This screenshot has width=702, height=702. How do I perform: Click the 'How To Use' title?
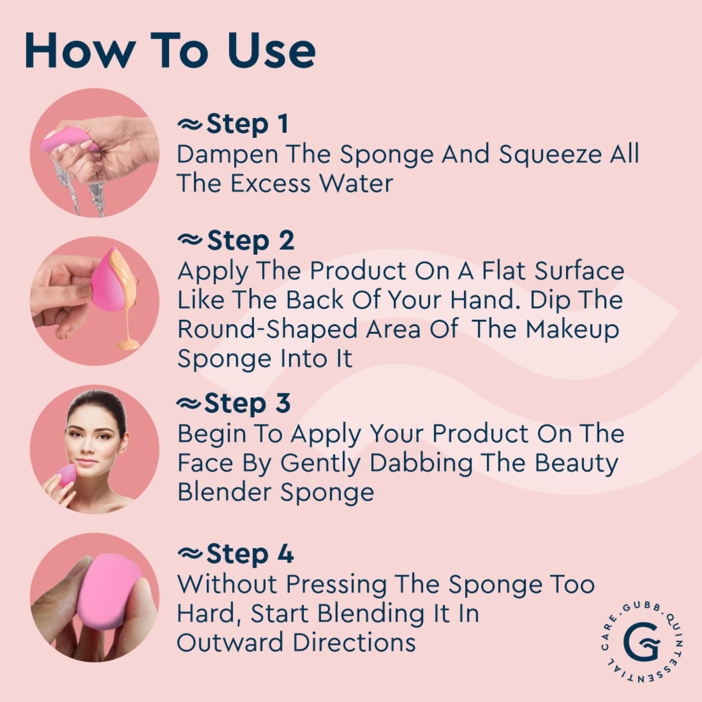point(170,51)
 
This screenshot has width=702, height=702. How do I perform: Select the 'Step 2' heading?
point(250,241)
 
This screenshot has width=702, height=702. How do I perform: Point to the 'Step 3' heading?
point(247,403)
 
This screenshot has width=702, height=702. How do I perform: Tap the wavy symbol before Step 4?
point(190,555)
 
